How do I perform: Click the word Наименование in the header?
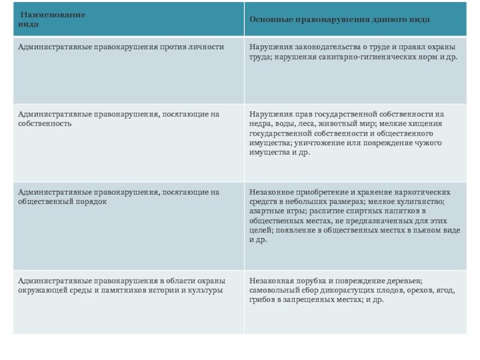coord(53,14)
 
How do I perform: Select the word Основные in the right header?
coord(270,20)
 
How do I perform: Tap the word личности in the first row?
coord(209,47)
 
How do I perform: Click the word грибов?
coord(262,300)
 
